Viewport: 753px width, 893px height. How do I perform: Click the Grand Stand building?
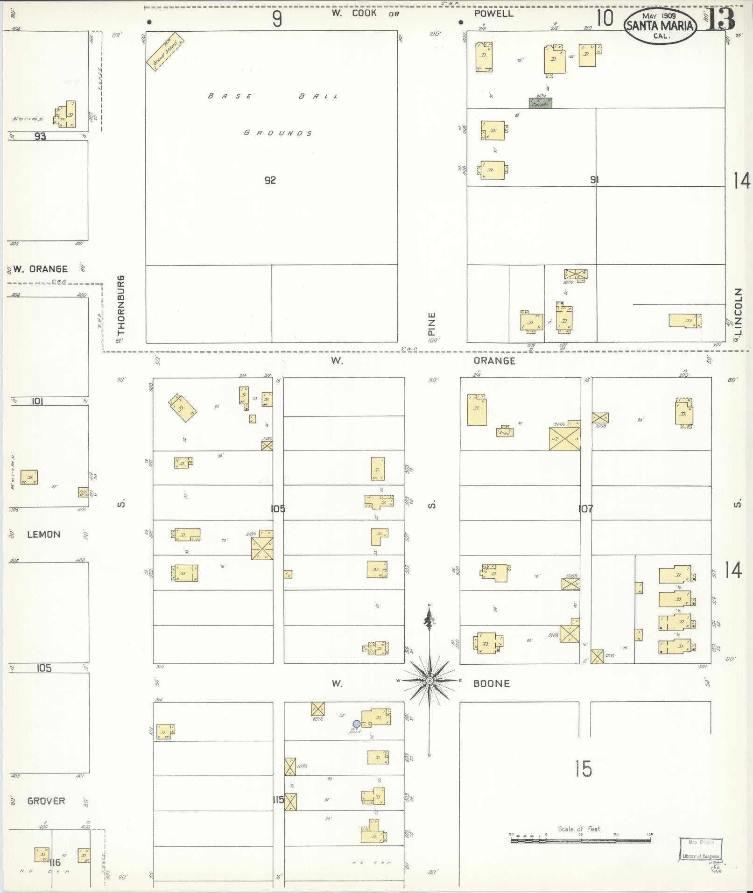(165, 51)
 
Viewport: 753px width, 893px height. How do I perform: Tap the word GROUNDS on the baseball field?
(278, 133)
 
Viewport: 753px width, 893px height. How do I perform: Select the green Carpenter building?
(540, 103)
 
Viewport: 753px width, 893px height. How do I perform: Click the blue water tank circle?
(357, 724)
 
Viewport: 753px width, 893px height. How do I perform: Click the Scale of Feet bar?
(581, 841)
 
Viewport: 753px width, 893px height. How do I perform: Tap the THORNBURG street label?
(121, 305)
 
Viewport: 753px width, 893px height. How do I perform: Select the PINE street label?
(431, 323)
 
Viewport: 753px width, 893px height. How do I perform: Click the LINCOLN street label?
(738, 311)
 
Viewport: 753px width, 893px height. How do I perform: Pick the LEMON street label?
(44, 534)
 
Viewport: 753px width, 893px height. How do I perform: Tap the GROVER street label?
(46, 801)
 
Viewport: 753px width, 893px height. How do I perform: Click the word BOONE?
(492, 684)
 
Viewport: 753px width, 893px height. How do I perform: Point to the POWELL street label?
(494, 14)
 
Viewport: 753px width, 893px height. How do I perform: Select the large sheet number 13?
(721, 19)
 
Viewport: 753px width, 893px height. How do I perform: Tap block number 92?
(270, 180)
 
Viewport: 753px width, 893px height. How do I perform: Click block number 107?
(585, 509)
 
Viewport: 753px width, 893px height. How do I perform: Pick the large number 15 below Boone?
(583, 768)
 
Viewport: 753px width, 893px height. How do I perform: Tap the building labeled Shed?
(505, 432)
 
